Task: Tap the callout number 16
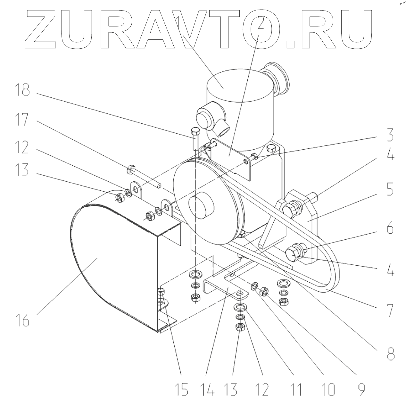pyautogui.click(x=22, y=320)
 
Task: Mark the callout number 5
pyautogui.click(x=390, y=190)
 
